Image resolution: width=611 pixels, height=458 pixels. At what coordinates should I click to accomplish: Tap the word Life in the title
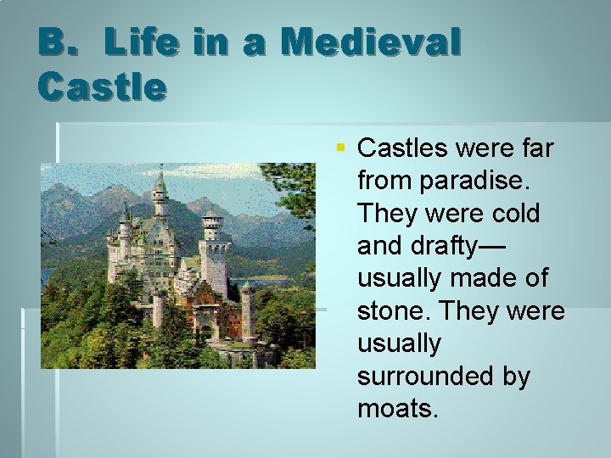pyautogui.click(x=138, y=42)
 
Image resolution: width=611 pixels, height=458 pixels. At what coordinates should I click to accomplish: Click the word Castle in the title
pyautogui.click(x=102, y=86)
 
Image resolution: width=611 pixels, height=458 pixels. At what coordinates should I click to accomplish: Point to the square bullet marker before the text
pyautogui.click(x=340, y=148)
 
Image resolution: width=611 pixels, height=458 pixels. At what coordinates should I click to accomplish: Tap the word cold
pyautogui.click(x=511, y=213)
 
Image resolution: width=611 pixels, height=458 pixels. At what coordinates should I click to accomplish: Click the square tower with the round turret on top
pyautogui.click(x=213, y=246)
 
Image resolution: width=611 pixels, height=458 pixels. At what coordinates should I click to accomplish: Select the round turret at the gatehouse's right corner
pyautogui.click(x=246, y=310)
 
